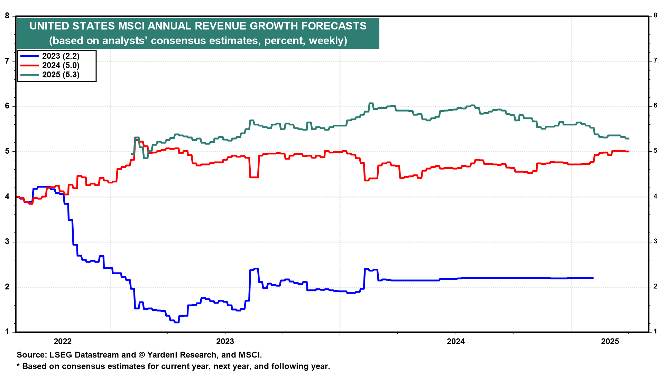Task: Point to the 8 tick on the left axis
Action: [x=7, y=16]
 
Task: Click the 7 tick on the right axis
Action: [x=655, y=61]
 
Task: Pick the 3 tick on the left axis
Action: [x=7, y=242]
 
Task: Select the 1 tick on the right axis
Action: [x=655, y=331]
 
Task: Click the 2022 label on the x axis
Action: [x=63, y=342]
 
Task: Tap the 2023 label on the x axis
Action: [x=225, y=342]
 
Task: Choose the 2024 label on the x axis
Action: [x=456, y=342]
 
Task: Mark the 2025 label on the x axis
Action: [x=610, y=342]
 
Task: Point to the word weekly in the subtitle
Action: [x=326, y=41]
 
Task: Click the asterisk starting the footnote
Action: [x=18, y=365]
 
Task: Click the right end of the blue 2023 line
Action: [x=593, y=278]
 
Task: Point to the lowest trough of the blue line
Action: [x=177, y=322]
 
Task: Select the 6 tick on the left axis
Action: [x=7, y=106]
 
